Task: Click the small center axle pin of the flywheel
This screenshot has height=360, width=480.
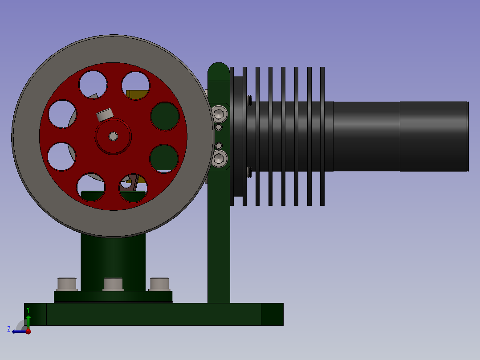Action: click(113, 136)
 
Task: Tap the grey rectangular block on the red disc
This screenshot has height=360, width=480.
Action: click(105, 115)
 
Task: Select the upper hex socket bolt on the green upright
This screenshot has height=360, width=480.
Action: click(219, 114)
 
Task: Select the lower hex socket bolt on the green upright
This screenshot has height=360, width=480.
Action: click(219, 159)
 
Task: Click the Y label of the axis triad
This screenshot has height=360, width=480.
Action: click(28, 310)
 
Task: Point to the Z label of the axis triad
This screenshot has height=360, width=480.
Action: click(9, 329)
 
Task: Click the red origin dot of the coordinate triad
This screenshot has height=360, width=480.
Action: click(28, 331)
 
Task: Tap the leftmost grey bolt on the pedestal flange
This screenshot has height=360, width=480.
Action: click(67, 284)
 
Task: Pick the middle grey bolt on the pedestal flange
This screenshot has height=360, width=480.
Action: click(113, 284)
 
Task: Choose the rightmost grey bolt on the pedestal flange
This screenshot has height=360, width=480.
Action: click(159, 284)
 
